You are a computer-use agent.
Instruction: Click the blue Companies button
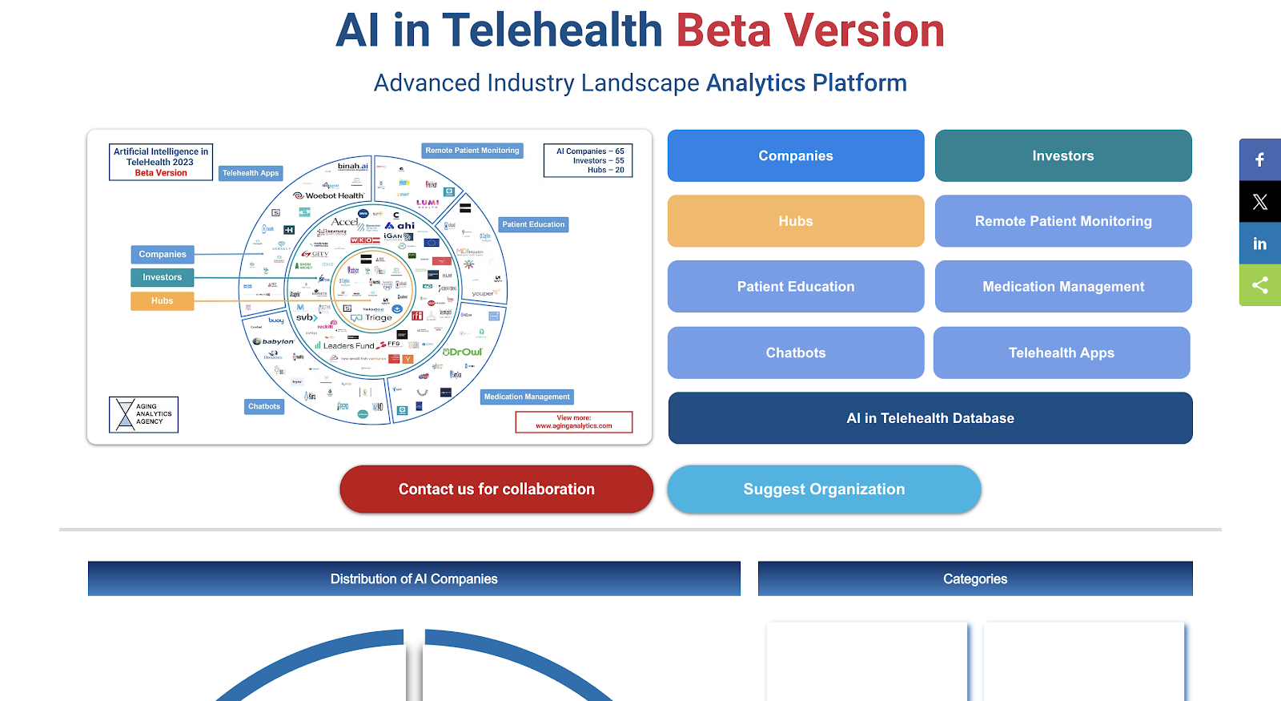point(795,155)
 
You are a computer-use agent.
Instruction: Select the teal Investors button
point(1062,155)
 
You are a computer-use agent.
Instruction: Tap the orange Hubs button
point(795,221)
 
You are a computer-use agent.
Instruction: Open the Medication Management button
point(1062,287)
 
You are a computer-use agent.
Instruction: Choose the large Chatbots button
point(795,353)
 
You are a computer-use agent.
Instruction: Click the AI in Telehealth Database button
point(930,418)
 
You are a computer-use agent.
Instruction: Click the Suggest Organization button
point(823,489)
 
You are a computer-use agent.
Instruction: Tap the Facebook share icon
point(1259,159)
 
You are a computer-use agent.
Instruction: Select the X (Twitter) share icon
point(1259,202)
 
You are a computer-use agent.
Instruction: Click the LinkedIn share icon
point(1259,244)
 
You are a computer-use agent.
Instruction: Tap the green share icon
point(1259,285)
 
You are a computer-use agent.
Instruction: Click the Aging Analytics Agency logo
point(143,414)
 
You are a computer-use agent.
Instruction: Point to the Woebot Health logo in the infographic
point(329,195)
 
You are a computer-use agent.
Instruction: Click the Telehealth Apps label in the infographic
point(251,173)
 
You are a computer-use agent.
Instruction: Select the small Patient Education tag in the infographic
point(533,224)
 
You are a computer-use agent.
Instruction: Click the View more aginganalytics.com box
point(573,422)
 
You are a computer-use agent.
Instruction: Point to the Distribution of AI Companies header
point(414,578)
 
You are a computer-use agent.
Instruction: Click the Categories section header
point(974,578)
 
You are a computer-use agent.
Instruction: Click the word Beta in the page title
point(723,30)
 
